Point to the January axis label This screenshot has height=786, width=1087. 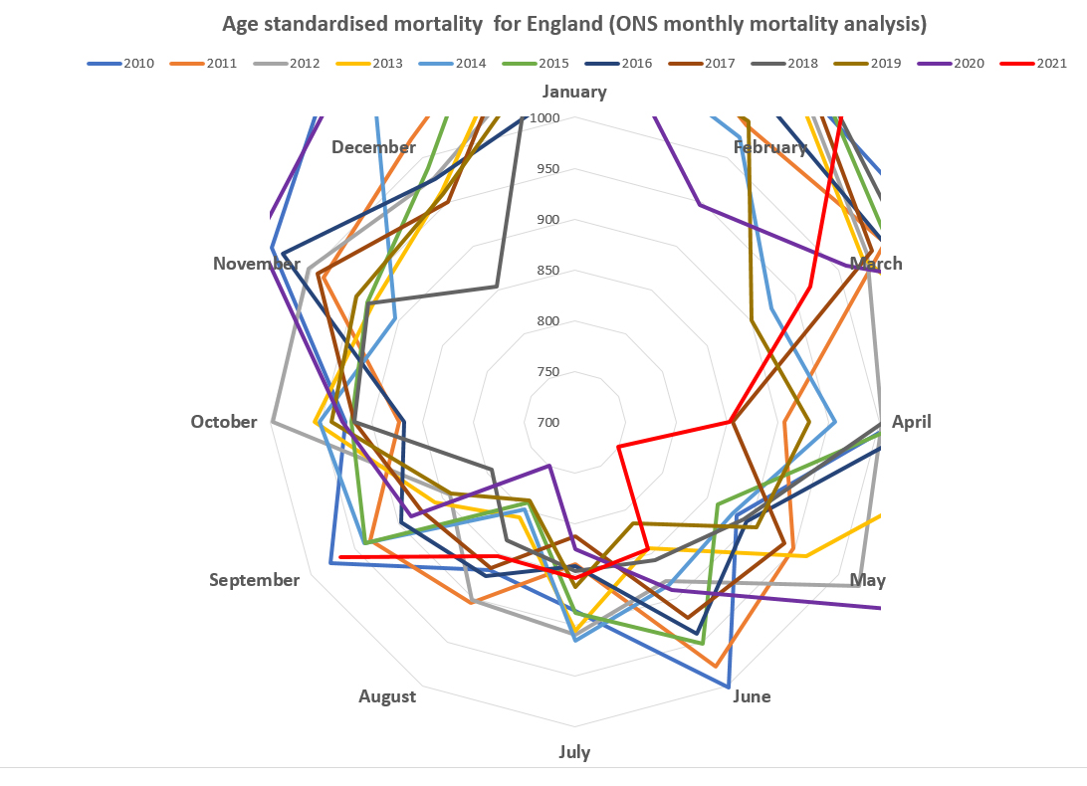[574, 92]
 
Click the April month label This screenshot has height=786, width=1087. [911, 422]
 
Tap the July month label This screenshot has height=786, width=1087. [574, 752]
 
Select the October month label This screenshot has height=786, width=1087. [224, 422]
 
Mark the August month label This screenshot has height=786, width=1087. [387, 696]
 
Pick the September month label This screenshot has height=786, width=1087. [254, 580]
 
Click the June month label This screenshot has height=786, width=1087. [752, 696]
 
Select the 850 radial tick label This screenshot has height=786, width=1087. [546, 271]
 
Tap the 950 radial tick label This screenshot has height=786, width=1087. [546, 169]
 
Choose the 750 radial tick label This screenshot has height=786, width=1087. [546, 372]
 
